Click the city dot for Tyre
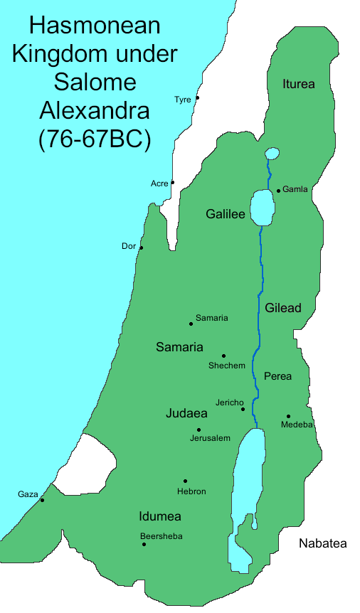point(198,97)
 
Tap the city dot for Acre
point(173,182)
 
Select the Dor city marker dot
point(142,247)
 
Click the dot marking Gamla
point(278,191)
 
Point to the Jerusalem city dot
point(198,430)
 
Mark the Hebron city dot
point(185,481)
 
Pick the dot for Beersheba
point(144,544)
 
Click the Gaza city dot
point(42,500)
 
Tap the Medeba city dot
point(288,416)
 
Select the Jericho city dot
point(243,409)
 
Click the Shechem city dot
point(223,356)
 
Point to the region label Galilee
point(225,214)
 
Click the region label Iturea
point(298,84)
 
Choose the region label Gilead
point(283,308)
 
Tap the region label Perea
point(277,375)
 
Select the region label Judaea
point(186,413)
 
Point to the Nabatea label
point(322,543)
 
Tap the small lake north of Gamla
point(272,154)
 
